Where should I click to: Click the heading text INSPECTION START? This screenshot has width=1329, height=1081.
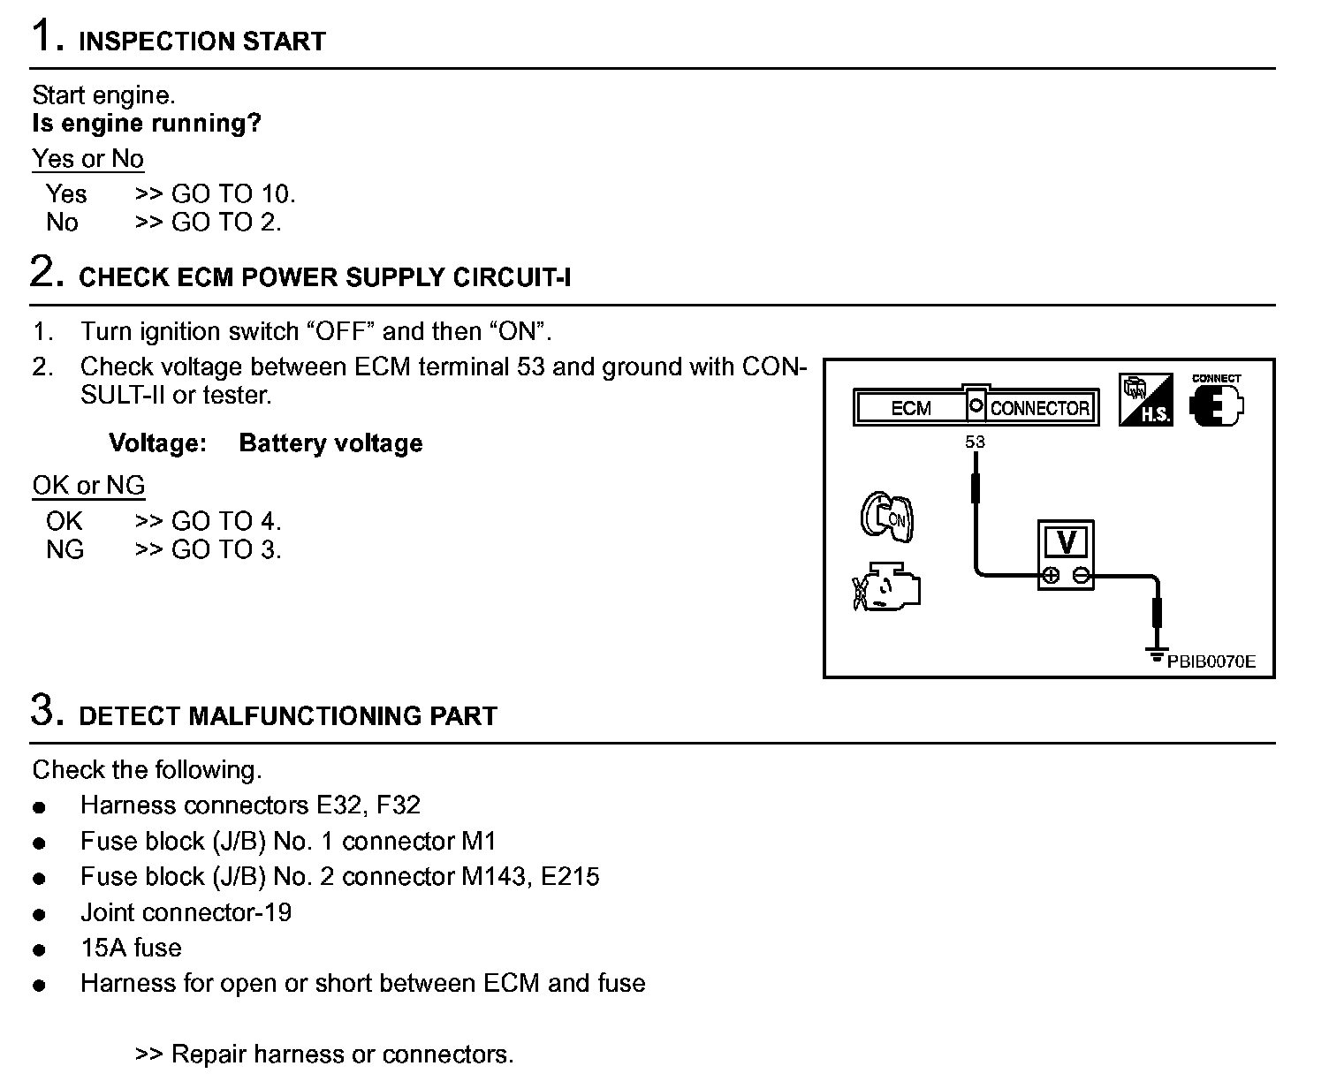[202, 42]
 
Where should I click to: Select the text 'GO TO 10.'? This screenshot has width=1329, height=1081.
[233, 194]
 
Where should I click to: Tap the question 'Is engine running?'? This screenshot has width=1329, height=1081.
[147, 124]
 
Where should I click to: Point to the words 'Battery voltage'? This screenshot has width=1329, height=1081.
[330, 443]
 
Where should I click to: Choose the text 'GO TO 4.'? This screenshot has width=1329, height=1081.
[226, 521]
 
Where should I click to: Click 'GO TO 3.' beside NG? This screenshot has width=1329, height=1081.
[226, 550]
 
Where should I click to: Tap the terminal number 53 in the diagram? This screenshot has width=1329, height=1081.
[975, 442]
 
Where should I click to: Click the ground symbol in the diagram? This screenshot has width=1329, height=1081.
[1156, 655]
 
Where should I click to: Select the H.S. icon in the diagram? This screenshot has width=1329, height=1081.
[1146, 400]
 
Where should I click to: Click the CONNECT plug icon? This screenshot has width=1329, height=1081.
[1217, 403]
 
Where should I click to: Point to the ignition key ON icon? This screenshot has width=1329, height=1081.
[887, 517]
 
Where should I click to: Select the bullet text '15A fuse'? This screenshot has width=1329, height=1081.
[131, 949]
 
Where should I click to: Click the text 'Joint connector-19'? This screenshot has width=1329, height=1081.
[186, 912]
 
